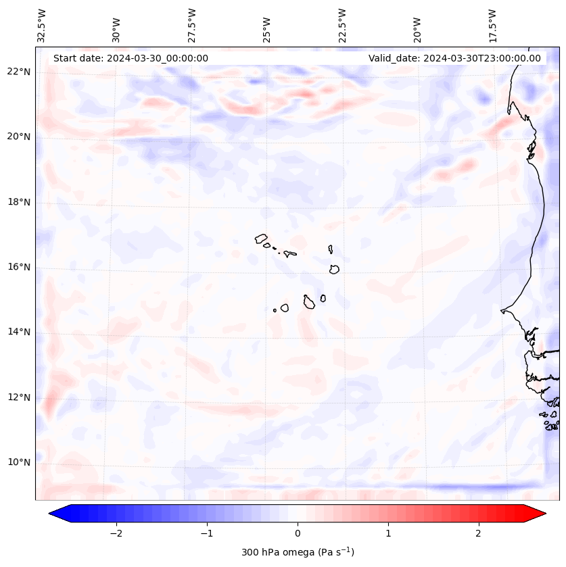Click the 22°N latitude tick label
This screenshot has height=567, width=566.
[x=18, y=72]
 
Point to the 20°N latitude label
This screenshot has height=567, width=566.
[x=18, y=137]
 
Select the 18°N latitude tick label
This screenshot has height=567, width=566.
[x=18, y=202]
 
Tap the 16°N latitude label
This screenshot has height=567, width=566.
[x=18, y=268]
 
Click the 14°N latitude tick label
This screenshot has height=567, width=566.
[x=18, y=332]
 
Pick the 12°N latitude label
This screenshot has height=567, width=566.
[x=18, y=397]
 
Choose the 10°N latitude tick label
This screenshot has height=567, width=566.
[x=18, y=463]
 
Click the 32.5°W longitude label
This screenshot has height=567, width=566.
[x=42, y=25]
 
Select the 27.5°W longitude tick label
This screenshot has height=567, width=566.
[x=192, y=25]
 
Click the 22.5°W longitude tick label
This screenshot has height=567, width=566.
[x=342, y=25]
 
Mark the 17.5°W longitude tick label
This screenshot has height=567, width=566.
[x=492, y=25]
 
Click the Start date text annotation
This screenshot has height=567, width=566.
[x=131, y=58]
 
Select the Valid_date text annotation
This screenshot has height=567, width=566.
[x=454, y=58]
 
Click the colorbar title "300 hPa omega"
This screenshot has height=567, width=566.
[x=298, y=552]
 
